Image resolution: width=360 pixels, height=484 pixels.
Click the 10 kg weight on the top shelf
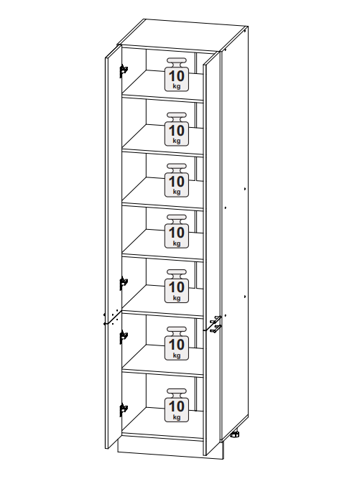coord(177,75)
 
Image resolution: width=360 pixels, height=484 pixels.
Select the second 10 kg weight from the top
coord(177,129)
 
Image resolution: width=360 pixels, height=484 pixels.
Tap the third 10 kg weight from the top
coord(177,180)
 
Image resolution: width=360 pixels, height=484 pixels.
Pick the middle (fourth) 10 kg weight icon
coord(177,231)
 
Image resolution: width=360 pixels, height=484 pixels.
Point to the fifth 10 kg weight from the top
coord(177,286)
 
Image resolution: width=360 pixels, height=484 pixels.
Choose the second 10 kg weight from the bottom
coord(177,343)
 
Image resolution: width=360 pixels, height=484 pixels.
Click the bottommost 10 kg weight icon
coord(177,405)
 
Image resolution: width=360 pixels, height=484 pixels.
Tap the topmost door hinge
coord(124,71)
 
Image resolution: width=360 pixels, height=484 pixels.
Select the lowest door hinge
coord(124,410)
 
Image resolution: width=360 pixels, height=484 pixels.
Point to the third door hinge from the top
coord(124,337)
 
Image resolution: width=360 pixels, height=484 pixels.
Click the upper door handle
coord(216,320)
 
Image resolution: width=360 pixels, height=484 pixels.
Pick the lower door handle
coord(216,329)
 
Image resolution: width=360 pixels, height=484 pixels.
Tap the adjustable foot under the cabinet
coord(235,434)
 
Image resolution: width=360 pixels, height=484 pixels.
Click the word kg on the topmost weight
coord(177,86)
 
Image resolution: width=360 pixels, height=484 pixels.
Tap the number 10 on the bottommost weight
coord(177,406)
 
